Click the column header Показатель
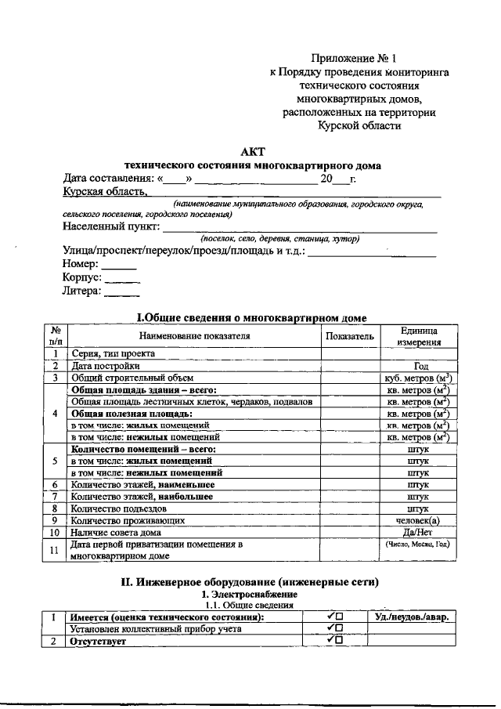[x=350, y=336]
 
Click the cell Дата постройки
[x=106, y=365]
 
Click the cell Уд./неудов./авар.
[x=412, y=617]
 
